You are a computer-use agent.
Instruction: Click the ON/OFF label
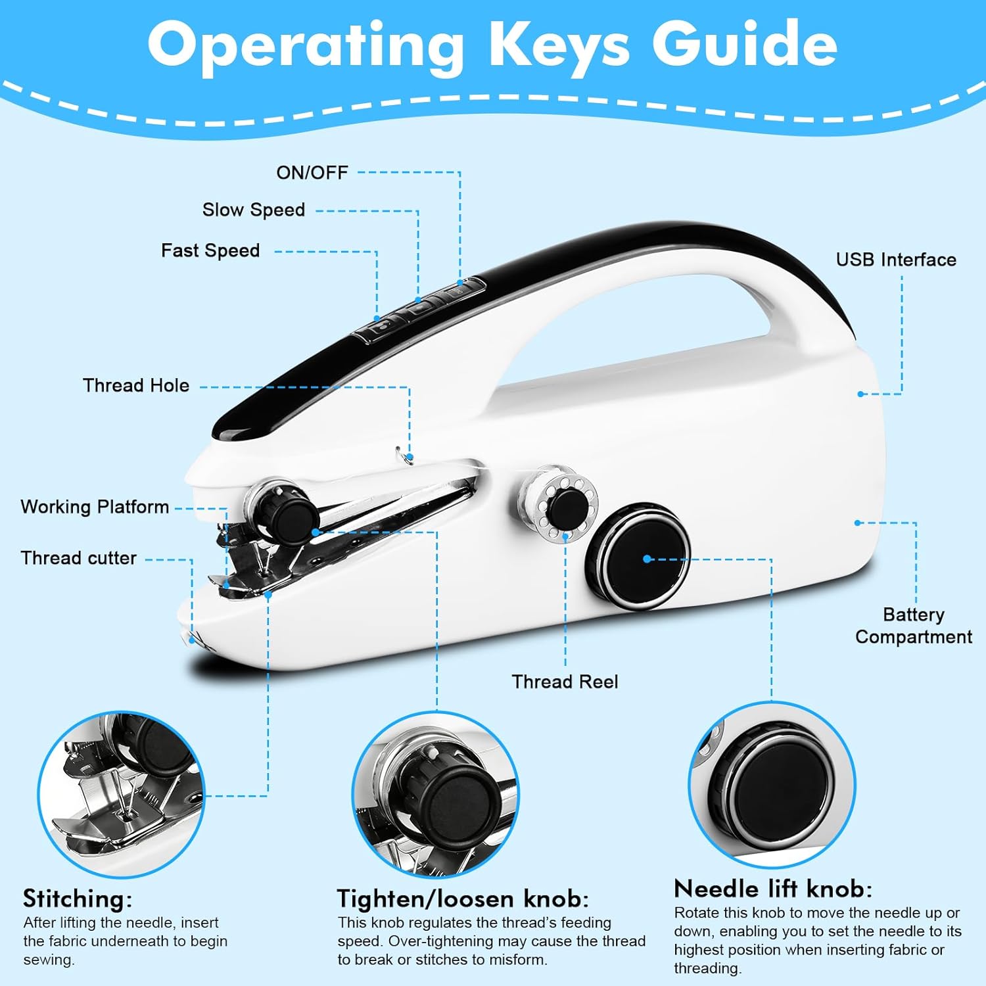click(x=312, y=173)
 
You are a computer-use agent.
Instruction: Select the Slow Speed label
click(x=254, y=210)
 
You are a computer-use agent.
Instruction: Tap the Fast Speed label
click(x=210, y=250)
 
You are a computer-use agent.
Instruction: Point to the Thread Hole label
click(x=136, y=385)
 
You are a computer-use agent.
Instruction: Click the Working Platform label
click(x=95, y=507)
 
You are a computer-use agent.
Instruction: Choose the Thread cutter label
click(x=79, y=558)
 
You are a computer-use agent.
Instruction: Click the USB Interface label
click(x=896, y=260)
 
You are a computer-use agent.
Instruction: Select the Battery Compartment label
click(x=914, y=625)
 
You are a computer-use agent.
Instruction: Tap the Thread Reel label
click(x=565, y=682)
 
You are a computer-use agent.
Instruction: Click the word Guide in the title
click(x=745, y=44)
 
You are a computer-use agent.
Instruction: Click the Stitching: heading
click(x=78, y=899)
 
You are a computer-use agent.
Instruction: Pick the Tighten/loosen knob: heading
click(x=463, y=899)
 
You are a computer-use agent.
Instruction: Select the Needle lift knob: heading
click(x=773, y=889)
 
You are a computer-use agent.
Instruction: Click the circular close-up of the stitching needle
click(x=122, y=794)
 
